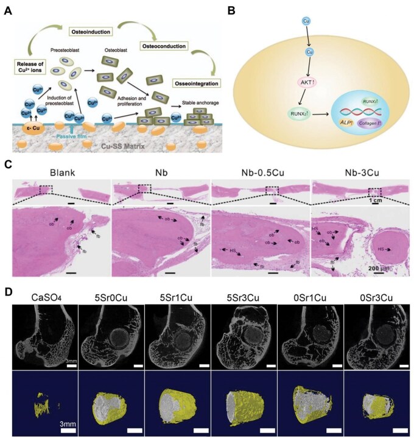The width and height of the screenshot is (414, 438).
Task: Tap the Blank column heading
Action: [61, 172]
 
